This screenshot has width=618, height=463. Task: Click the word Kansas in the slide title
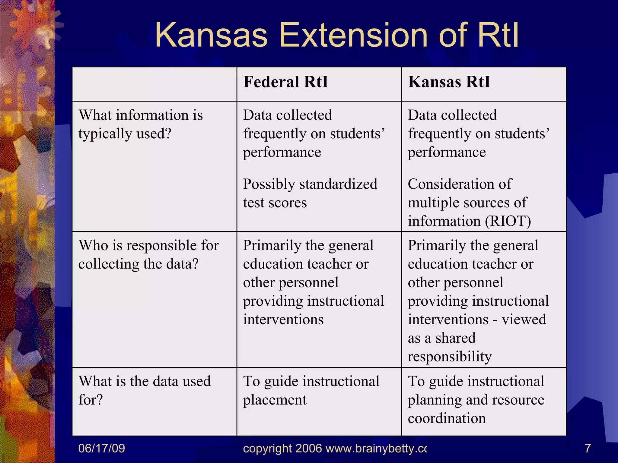pos(211,36)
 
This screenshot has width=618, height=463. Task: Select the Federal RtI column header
pos(285,82)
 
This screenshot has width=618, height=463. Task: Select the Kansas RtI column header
pos(449,82)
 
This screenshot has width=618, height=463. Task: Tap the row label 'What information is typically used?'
pos(140,124)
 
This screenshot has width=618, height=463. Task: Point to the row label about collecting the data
pos(148,255)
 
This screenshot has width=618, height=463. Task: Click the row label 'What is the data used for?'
pos(144,390)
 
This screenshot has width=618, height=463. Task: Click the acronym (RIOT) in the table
pos(508,221)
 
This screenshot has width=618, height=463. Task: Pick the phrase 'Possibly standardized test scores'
pos(310,193)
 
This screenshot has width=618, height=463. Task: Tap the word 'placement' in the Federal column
pos(275,400)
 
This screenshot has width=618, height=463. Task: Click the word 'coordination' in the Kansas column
pos(447,418)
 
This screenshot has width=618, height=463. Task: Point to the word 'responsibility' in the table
pos(450,357)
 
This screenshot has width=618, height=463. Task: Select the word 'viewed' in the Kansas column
pos(524,320)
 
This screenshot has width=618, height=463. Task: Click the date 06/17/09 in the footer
pos(101,449)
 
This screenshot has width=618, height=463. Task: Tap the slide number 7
pos(588,449)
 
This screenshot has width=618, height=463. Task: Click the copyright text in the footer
pos(334,449)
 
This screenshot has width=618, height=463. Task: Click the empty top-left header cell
pos(154,84)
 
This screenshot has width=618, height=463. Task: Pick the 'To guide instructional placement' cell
pos(311,391)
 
